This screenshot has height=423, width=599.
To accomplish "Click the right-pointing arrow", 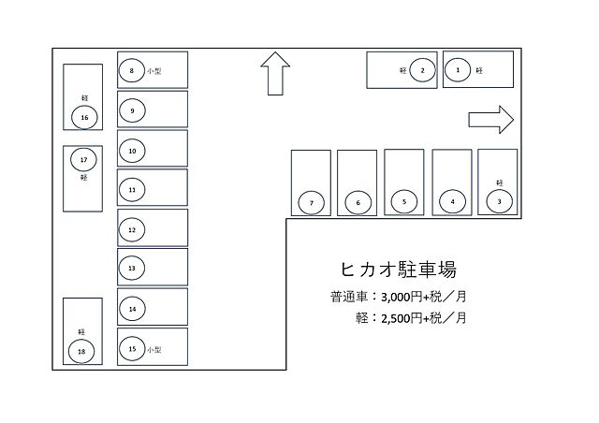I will click(x=491, y=119).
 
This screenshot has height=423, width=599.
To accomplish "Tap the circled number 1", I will click(x=458, y=69).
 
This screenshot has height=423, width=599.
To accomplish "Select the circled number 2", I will click(x=423, y=70).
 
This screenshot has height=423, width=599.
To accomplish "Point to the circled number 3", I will click(x=500, y=200).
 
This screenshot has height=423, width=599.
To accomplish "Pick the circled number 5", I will click(x=403, y=200).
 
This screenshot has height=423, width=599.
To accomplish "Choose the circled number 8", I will click(x=132, y=70).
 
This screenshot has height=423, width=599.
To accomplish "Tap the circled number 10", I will click(x=132, y=150).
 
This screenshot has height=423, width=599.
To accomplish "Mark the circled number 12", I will click(x=132, y=229).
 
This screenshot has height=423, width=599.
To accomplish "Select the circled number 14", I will click(x=132, y=309).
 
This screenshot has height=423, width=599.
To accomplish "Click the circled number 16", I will click(x=84, y=118).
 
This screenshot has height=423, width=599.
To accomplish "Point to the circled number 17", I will click(x=83, y=159).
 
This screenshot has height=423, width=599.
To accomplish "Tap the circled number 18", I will click(x=82, y=352).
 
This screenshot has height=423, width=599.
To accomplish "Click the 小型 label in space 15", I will click(x=154, y=349).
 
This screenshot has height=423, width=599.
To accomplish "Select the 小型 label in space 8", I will click(x=154, y=71).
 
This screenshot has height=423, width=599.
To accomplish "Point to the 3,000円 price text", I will click(x=397, y=299).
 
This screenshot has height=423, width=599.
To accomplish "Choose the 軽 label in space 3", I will click(x=500, y=182).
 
